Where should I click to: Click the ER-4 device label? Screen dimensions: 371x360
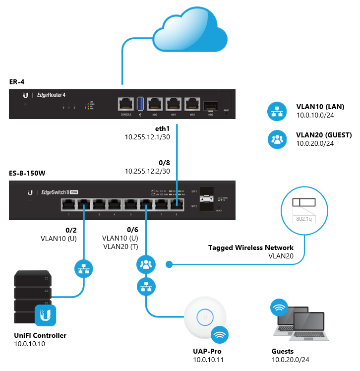pyautogui.click(x=18, y=82)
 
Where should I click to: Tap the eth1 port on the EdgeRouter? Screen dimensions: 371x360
pyautogui.click(x=173, y=104)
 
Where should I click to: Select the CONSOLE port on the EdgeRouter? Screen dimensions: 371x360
pyautogui.click(x=125, y=104)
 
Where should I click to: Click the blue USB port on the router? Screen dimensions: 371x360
pyautogui.click(x=140, y=104)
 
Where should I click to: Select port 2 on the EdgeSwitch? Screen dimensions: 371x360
pyautogui.click(x=84, y=204)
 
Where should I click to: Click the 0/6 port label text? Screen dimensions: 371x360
pyautogui.click(x=132, y=230)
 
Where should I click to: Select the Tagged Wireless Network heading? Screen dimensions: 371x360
pyautogui.click(x=251, y=247)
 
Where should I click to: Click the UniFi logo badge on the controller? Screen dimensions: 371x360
pyautogui.click(x=46, y=314)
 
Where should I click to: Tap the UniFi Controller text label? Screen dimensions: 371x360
pyautogui.click(x=40, y=335)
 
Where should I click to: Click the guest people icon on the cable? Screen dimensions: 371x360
pyautogui.click(x=146, y=264)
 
